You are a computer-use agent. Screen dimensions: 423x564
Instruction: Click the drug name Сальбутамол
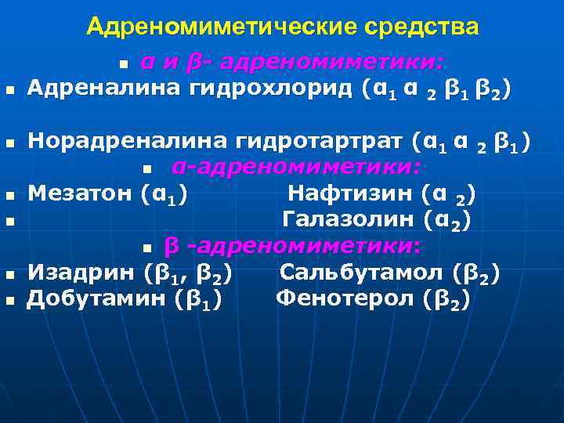click(361, 273)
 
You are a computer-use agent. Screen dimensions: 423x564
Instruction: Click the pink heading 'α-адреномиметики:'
click(296, 167)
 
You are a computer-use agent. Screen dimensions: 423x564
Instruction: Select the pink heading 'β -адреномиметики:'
click(293, 247)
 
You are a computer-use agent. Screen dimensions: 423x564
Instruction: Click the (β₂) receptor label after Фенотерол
click(446, 300)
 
